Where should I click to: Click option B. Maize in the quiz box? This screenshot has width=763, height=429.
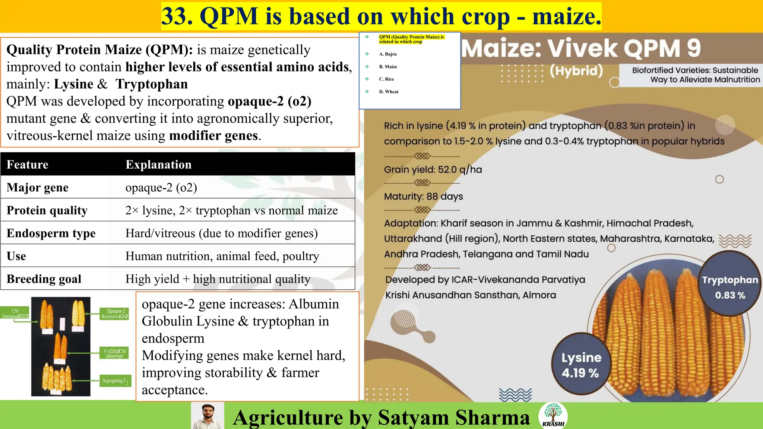388,67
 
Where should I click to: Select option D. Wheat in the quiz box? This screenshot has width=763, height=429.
389,92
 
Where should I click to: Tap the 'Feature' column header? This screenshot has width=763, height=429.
28,164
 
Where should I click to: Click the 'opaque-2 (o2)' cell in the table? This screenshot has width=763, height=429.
161,187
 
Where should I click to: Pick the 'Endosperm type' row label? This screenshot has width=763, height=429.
51,233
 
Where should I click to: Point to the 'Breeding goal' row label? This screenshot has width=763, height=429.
44,279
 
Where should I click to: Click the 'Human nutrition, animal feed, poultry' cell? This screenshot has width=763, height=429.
222,256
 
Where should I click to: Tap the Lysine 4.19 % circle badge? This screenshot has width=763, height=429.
580,365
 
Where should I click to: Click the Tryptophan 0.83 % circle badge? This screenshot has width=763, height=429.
729,287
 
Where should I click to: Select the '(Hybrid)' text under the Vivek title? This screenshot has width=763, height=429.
576,70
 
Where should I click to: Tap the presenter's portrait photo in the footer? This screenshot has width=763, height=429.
208,416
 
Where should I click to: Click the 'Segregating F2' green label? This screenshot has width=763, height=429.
115,381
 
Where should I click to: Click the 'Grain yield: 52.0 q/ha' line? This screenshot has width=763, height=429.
433,170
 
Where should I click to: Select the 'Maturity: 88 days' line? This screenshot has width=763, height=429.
423,197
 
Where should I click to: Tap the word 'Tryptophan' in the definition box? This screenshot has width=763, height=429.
151,84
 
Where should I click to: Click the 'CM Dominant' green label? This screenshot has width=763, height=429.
15,314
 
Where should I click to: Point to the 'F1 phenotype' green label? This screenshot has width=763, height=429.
114,353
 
